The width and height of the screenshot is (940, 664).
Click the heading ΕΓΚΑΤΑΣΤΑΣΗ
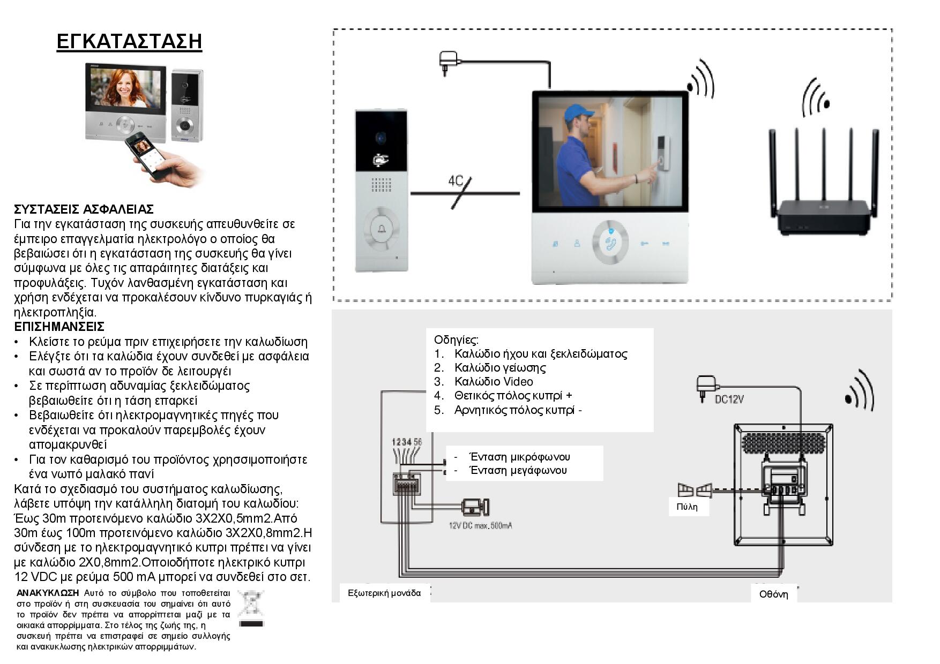click(129, 41)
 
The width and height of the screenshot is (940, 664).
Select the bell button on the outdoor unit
click(382, 231)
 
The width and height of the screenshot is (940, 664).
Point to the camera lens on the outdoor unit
click(381, 138)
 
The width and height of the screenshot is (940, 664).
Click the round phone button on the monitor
click(610, 243)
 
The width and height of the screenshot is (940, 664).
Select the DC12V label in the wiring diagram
click(729, 399)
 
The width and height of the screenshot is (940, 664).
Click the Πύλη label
click(687, 507)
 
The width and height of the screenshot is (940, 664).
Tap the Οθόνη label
click(773, 594)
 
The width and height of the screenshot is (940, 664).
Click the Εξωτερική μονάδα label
click(384, 593)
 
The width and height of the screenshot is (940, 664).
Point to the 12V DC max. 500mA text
click(480, 526)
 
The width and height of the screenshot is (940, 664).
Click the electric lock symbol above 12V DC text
click(475, 506)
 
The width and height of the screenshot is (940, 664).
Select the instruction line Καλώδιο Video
click(493, 381)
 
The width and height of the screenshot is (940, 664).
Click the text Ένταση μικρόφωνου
click(519, 457)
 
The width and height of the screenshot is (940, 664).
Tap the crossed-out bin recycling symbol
click(251, 608)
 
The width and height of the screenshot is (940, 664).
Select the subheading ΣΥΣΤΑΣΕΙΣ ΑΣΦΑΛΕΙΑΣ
click(84, 209)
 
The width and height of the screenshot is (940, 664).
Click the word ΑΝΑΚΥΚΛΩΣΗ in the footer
click(48, 593)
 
